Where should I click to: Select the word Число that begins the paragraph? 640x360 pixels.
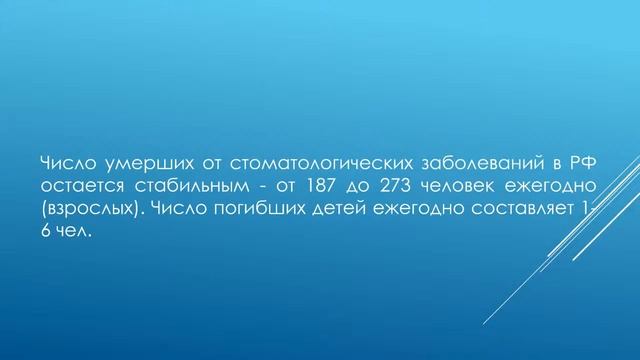pyautogui.click(x=62, y=164)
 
